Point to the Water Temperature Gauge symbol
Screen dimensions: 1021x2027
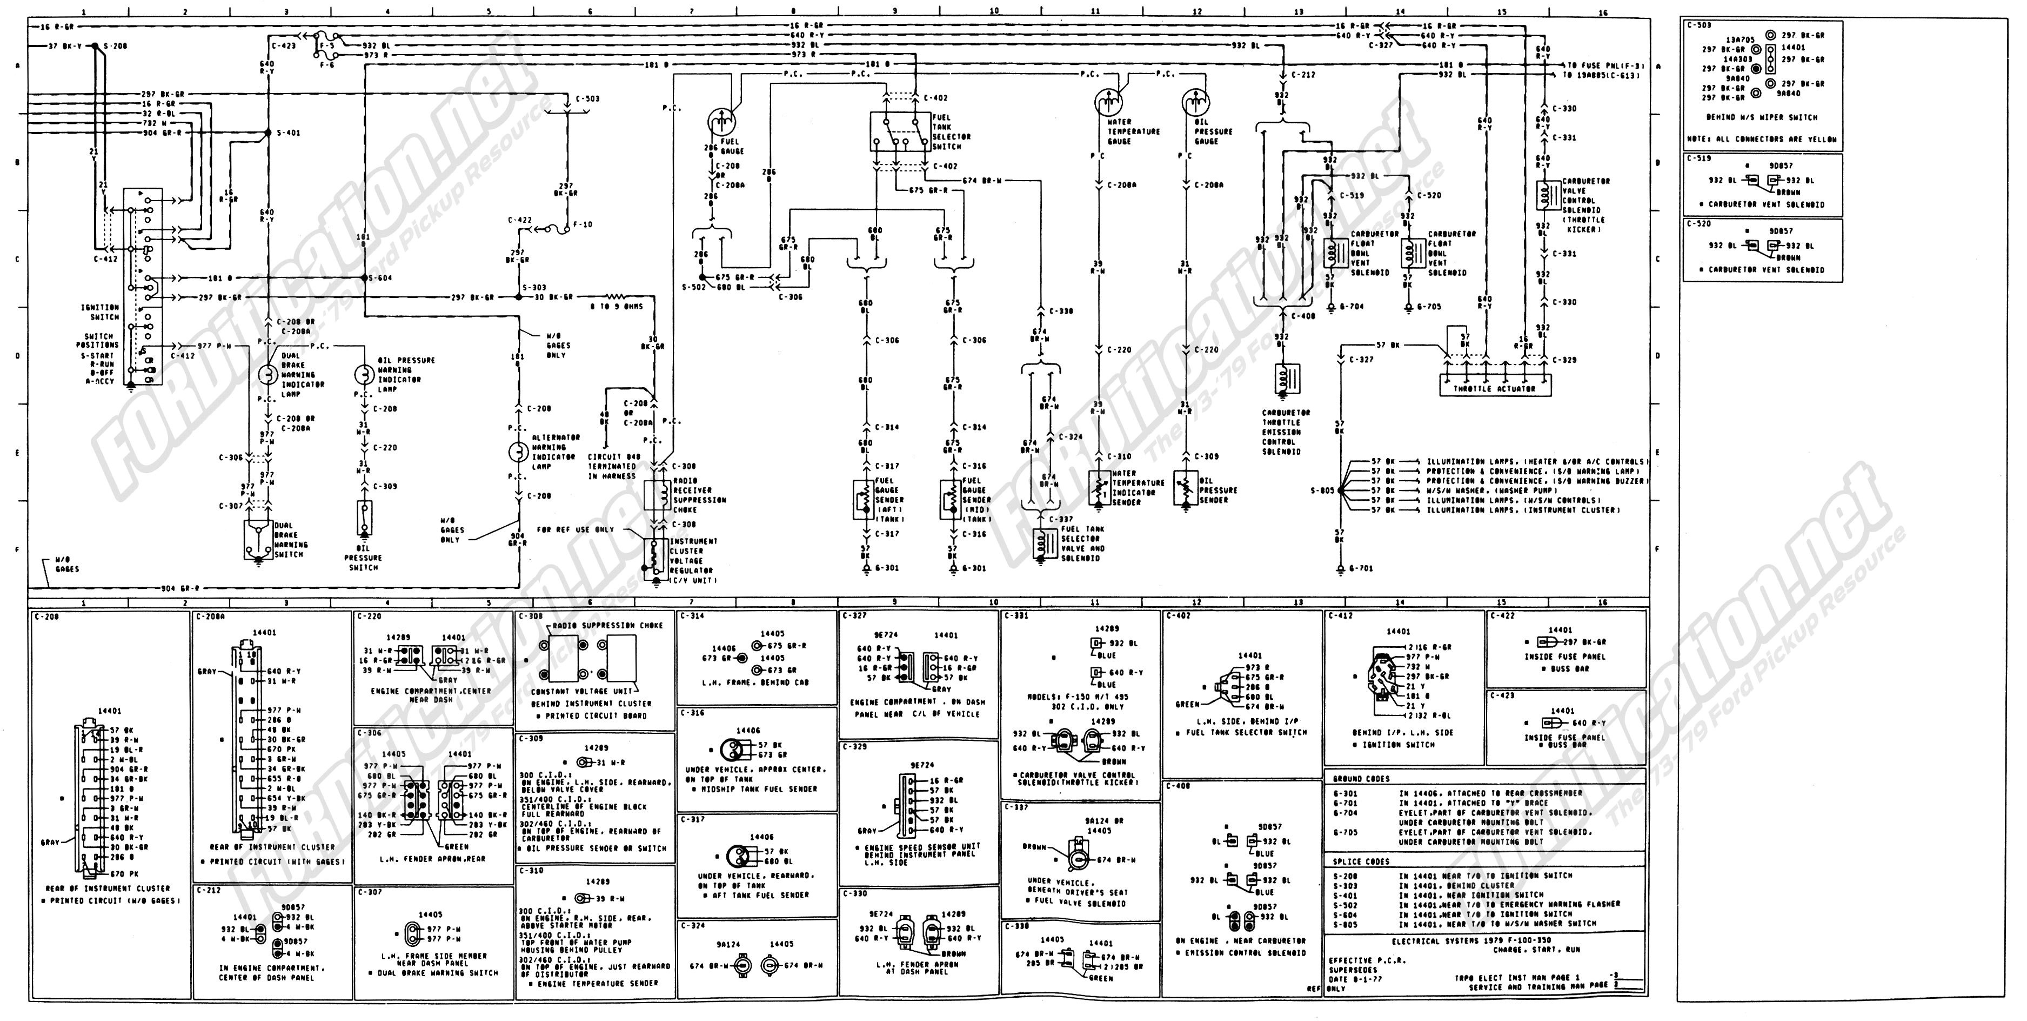coord(1109,102)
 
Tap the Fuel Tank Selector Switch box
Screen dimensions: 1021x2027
coord(899,131)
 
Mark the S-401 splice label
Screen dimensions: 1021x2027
coord(288,133)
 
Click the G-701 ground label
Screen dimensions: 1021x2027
coord(1361,568)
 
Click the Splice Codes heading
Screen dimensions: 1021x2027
coord(1361,861)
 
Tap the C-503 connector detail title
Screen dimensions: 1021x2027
coord(1698,25)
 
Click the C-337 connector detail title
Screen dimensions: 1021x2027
coord(1016,806)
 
